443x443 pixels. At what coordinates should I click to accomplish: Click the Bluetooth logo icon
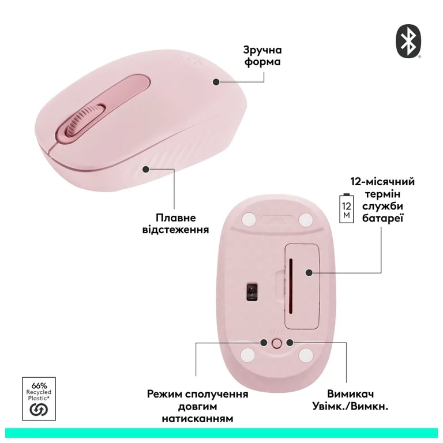click(x=408, y=42)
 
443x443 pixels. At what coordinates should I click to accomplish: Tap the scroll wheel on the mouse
click(x=84, y=119)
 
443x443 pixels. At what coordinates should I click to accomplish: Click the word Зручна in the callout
click(x=262, y=50)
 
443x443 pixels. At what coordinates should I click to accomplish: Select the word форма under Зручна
click(x=262, y=62)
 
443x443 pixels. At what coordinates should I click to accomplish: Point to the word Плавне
click(x=176, y=217)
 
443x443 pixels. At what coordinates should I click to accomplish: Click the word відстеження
click(x=175, y=230)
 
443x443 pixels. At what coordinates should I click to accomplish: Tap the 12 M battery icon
click(x=346, y=208)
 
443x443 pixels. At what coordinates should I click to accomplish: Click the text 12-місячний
click(x=382, y=181)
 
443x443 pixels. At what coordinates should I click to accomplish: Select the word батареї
click(x=383, y=218)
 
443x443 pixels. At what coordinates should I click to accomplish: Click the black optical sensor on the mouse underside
click(x=252, y=291)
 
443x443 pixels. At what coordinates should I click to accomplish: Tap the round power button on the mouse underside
click(x=277, y=343)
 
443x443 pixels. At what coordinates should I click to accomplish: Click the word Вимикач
click(x=350, y=393)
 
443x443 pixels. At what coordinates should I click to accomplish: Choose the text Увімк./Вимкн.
click(x=350, y=406)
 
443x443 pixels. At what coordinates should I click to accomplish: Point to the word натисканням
click(x=197, y=418)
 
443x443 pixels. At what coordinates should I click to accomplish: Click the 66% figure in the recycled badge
click(x=39, y=386)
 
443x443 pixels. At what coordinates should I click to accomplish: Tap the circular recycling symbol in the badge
click(x=39, y=410)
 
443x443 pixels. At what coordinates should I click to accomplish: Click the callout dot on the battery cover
click(x=309, y=273)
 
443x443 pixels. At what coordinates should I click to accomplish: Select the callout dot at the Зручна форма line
click(x=216, y=82)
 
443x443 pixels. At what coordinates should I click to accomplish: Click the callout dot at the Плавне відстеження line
click(x=146, y=170)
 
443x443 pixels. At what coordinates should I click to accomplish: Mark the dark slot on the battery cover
click(x=291, y=286)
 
